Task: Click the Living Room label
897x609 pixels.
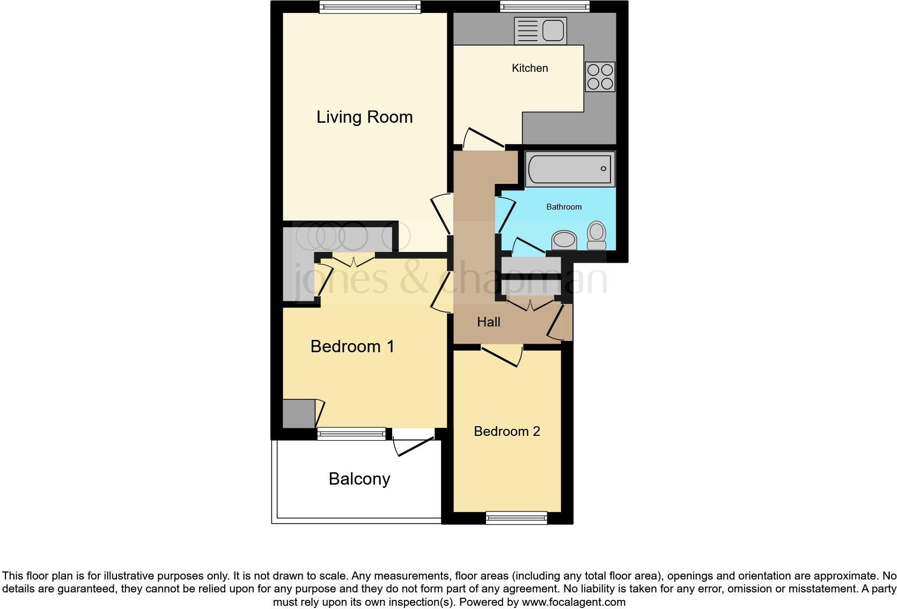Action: click(x=364, y=117)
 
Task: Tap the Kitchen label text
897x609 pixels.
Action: click(x=530, y=68)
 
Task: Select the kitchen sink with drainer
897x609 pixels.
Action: click(x=540, y=30)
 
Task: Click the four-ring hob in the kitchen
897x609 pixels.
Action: click(x=600, y=77)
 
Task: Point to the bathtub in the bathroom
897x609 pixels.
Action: click(x=570, y=169)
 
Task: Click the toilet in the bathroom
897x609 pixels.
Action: click(x=597, y=236)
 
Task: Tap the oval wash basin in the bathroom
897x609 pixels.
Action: click(x=563, y=240)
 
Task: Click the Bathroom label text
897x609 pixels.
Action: click(x=564, y=207)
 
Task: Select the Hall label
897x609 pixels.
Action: click(x=488, y=322)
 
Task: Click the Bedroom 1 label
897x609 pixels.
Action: click(x=352, y=346)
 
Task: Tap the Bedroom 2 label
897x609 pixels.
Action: click(x=506, y=431)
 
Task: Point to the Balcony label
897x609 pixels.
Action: click(x=359, y=478)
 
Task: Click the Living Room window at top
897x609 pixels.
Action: click(x=369, y=7)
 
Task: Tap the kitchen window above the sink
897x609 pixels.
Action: click(x=545, y=6)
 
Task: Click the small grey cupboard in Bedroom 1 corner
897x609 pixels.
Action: click(x=298, y=413)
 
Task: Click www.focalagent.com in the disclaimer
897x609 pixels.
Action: click(x=574, y=602)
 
